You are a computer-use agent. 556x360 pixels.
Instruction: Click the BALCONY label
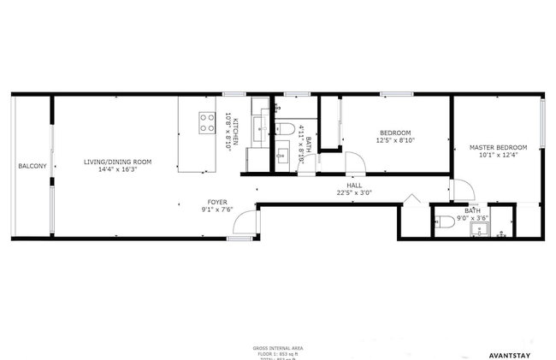pos(33,165)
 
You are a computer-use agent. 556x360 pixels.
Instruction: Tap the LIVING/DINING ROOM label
pos(117,162)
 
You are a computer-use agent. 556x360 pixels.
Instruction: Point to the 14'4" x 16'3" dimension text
pos(117,170)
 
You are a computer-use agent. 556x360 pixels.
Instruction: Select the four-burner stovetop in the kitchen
pos(206,122)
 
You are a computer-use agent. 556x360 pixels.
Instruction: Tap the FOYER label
pos(217,202)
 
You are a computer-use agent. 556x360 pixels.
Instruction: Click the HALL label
pos(353,185)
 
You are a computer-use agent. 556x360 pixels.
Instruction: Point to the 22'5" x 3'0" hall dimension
pos(353,192)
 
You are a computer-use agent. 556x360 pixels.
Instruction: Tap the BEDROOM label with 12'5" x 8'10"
pos(395,133)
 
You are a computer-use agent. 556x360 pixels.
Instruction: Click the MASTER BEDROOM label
pos(498,148)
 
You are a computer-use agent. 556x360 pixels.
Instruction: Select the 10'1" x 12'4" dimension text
pos(498,156)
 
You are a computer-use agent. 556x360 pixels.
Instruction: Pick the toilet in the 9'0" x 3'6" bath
pos(444,223)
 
